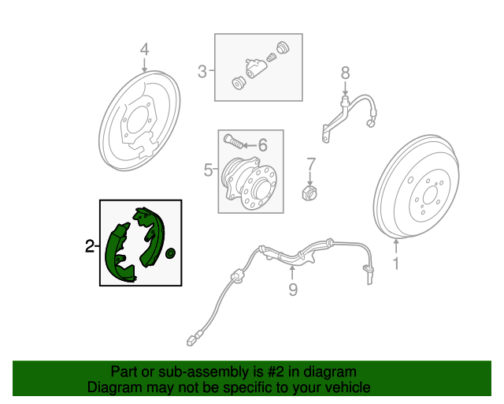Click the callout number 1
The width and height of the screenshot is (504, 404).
[396, 264]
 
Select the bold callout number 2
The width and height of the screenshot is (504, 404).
[90, 246]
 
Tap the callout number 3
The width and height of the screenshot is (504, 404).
[202, 71]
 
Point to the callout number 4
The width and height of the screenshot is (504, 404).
[145, 50]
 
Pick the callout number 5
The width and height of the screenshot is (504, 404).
[208, 170]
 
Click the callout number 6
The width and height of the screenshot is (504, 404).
[263, 145]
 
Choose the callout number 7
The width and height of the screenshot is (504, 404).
[311, 164]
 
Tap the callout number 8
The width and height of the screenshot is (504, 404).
[345, 73]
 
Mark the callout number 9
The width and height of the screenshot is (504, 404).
[293, 290]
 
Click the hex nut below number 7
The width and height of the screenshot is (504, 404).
[309, 193]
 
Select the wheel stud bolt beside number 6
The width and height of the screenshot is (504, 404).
[233, 141]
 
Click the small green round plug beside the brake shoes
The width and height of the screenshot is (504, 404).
[170, 253]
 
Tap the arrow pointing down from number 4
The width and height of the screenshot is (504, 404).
[145, 65]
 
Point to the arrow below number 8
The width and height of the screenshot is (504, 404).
[345, 88]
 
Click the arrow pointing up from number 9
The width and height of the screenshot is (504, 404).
[292, 272]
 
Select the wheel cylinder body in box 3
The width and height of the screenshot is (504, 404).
[256, 67]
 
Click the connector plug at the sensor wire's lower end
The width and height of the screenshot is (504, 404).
[191, 341]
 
